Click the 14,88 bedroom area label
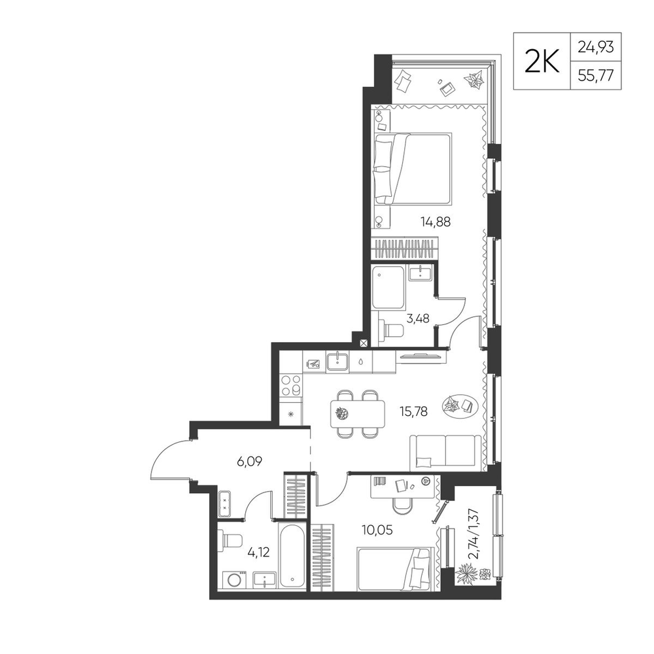pyautogui.click(x=436, y=222)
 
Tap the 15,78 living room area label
pyautogui.click(x=413, y=411)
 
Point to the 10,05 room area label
pyautogui.click(x=377, y=530)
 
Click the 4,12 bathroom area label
pyautogui.click(x=258, y=553)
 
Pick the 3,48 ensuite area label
pyautogui.click(x=418, y=318)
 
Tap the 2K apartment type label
pyautogui.click(x=542, y=61)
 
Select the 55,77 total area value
pyautogui.click(x=596, y=77)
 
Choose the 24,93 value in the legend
pyautogui.click(x=596, y=47)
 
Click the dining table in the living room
pyautogui.click(x=358, y=414)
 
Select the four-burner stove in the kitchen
pyautogui.click(x=291, y=385)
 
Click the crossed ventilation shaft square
pyautogui.click(x=364, y=343)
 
